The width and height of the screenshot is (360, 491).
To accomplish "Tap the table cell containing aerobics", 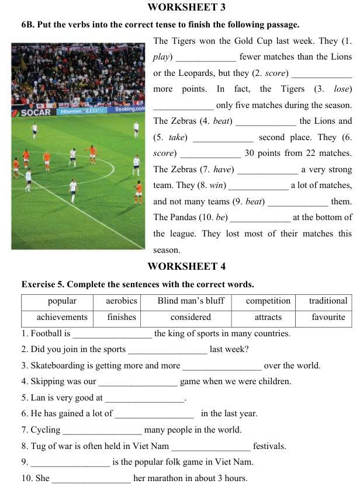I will [122, 301].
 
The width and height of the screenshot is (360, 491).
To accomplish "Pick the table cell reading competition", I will [268, 301].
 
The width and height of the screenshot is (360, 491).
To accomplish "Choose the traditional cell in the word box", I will [328, 301].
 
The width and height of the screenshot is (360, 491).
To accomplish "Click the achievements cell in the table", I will [62, 318].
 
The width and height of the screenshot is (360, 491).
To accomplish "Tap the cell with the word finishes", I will [122, 318].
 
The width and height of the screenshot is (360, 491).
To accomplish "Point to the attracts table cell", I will [268, 318].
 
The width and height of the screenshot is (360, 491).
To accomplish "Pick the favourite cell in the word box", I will [328, 318].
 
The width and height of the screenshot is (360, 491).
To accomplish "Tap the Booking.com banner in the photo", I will [130, 109].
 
